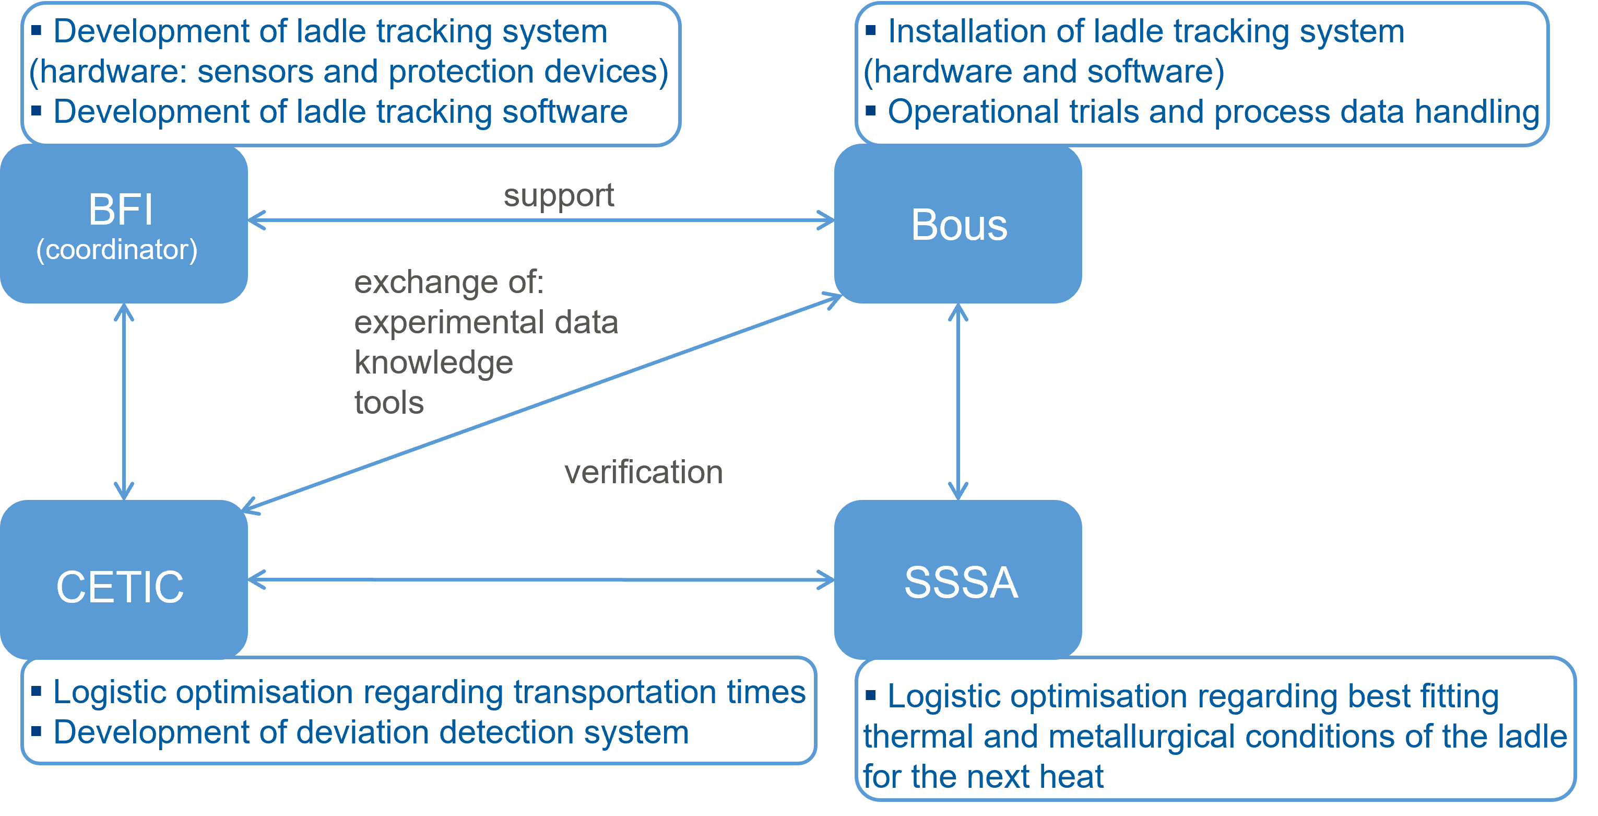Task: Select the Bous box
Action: coord(958,224)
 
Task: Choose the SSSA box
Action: coord(958,580)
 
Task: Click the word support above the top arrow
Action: coord(558,196)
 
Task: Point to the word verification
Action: coord(643,472)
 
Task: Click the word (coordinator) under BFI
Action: coord(116,250)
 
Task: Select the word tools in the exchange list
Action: coord(389,403)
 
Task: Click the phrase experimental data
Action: coord(486,323)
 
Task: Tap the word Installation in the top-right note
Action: coord(967,32)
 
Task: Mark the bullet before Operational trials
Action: coord(871,110)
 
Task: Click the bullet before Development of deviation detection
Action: coord(37,731)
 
